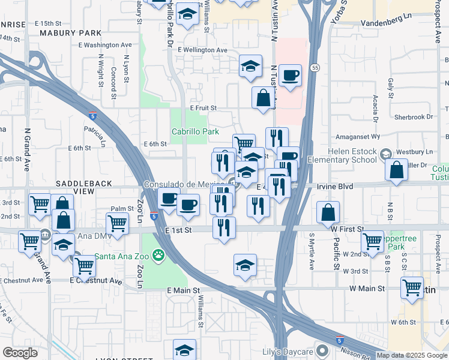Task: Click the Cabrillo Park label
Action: [x=194, y=131]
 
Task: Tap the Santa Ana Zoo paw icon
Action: [x=158, y=256]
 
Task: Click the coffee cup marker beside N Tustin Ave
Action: [x=290, y=75]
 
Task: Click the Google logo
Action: [x=20, y=353]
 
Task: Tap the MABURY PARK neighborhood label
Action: [x=71, y=33]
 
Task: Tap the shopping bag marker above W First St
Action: [x=328, y=212]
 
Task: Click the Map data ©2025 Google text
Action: [x=412, y=355]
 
